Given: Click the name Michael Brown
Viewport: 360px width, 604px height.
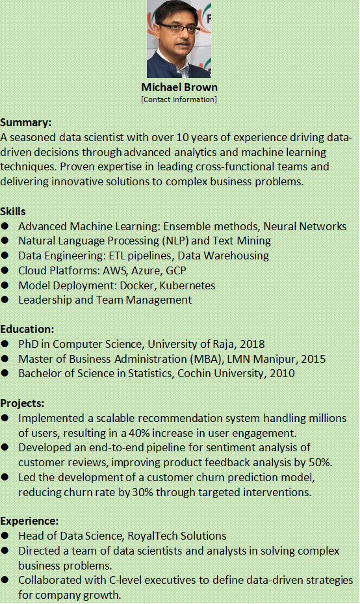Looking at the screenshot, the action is point(179,87).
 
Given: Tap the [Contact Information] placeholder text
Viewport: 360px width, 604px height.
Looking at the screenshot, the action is point(179,99).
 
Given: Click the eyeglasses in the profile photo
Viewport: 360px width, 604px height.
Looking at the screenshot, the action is point(177,29).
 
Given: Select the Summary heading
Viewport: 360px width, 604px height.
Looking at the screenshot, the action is point(26,122).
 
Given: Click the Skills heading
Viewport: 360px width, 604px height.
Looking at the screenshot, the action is point(13,211).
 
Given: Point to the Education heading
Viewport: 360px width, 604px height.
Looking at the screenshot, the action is point(27,329).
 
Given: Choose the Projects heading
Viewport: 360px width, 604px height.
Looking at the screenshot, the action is point(23,403).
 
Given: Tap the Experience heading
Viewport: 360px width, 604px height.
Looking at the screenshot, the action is point(29,521).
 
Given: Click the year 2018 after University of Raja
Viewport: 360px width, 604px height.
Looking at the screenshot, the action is point(252,344).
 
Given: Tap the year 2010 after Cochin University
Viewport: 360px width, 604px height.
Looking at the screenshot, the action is point(281,373).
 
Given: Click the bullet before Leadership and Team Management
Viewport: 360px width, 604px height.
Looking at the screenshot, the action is point(5,300).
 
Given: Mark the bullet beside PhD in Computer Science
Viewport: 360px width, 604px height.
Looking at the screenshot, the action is point(5,345).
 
